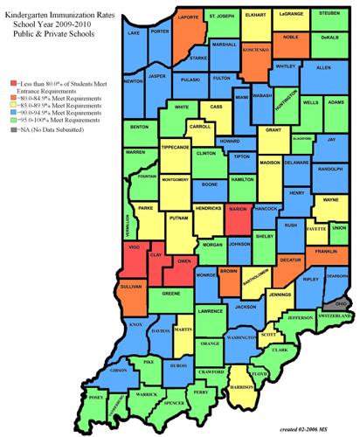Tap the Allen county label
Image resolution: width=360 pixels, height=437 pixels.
tap(322, 66)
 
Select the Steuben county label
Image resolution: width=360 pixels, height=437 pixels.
tap(329, 13)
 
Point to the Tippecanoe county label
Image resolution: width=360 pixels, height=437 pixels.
tap(176, 148)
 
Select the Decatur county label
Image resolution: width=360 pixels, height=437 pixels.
tap(289, 259)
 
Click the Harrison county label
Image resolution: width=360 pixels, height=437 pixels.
tap(241, 385)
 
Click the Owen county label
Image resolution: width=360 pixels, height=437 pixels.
tap(184, 260)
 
